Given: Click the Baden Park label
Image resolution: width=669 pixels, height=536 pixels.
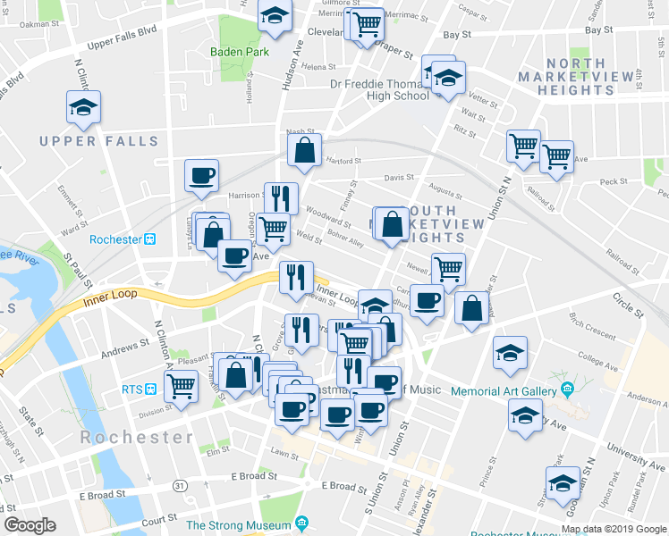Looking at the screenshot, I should (x=239, y=52).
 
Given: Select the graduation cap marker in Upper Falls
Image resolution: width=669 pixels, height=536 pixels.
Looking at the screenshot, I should (x=83, y=108).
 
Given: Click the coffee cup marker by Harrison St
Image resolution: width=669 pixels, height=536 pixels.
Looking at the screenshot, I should (x=201, y=175).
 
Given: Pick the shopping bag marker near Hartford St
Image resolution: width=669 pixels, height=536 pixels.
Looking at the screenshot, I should (x=304, y=151).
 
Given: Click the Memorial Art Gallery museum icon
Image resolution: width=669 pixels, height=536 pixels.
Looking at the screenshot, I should (x=567, y=390).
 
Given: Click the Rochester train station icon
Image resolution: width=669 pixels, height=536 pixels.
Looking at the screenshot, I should (x=151, y=239).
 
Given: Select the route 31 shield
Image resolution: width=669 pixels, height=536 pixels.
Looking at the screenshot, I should (x=182, y=485).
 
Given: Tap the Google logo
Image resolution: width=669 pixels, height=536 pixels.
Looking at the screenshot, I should (x=30, y=525).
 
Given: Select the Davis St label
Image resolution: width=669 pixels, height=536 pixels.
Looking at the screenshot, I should (x=399, y=177).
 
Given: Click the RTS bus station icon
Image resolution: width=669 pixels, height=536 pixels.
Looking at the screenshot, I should (x=151, y=389).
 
